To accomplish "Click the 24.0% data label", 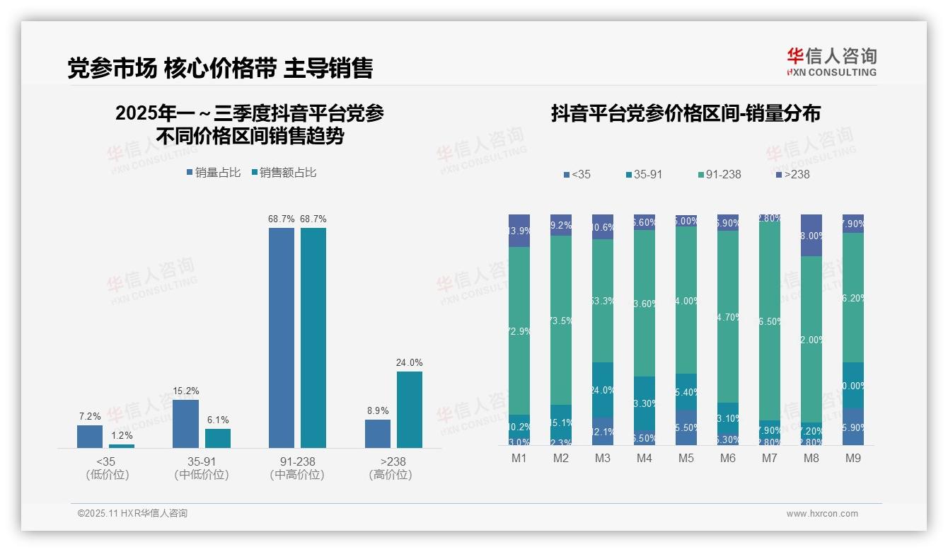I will point(409,362).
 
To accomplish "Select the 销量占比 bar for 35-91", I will point(185,423).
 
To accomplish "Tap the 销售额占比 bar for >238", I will point(409,409).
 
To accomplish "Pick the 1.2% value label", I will point(121,435).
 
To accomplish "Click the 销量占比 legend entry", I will point(214,173).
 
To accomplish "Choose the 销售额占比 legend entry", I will point(284,173).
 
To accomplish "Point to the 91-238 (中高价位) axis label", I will point(297,468).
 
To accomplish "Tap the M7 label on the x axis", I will point(769,459).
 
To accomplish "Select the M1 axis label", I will point(519,459).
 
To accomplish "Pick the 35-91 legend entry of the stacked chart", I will point(644,174).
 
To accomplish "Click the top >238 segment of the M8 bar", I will point(811,234).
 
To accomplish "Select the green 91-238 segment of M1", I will point(519,330).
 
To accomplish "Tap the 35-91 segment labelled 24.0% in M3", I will point(602,390).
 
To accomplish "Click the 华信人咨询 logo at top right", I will point(831,61).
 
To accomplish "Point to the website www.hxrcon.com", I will point(822,514).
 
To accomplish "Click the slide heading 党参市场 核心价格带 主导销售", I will point(220,68).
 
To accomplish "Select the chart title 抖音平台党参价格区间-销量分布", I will point(686,114).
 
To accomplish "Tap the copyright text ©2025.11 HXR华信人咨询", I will point(132,514).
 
